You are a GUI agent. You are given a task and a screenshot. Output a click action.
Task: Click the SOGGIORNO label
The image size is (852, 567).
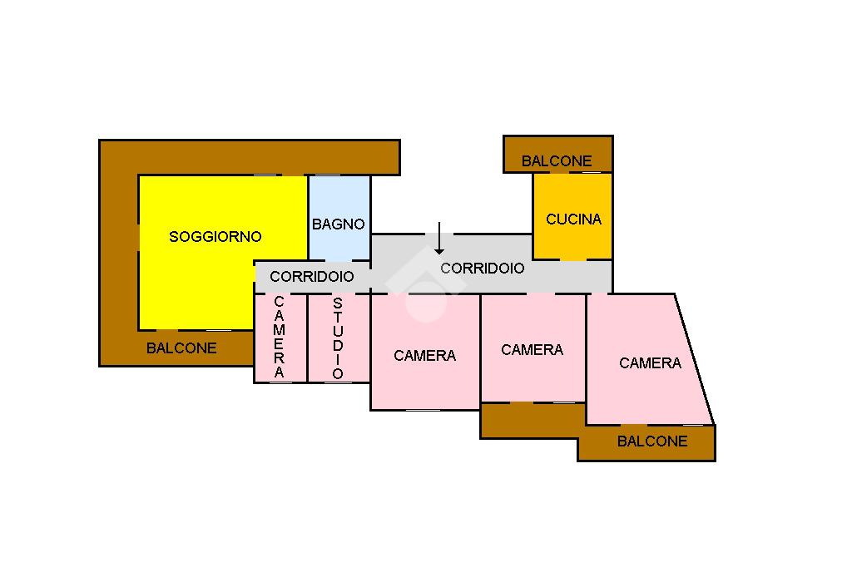(215, 237)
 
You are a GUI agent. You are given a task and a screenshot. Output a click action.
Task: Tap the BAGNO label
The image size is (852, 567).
(339, 224)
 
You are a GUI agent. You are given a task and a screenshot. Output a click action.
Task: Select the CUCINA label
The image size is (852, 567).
(573, 219)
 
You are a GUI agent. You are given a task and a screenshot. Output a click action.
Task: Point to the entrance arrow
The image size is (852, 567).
(439, 239)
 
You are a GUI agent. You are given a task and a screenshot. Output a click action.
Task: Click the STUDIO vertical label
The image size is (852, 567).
(338, 338)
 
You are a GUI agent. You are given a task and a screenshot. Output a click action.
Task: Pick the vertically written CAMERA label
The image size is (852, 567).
(279, 337)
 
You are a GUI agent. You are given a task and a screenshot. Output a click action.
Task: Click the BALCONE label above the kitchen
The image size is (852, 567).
(557, 161)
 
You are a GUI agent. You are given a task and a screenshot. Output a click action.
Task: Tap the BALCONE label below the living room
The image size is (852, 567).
(181, 348)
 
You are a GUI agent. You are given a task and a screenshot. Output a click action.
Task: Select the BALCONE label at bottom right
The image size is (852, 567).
(652, 441)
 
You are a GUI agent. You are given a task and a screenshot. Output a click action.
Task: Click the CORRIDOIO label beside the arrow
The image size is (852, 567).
(483, 269)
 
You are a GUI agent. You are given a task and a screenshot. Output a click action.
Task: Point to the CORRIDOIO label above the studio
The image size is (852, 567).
(312, 277)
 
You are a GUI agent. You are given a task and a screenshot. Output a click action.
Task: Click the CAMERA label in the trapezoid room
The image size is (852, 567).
(650, 363)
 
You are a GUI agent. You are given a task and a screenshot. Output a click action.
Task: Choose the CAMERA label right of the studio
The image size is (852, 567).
(425, 356)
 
